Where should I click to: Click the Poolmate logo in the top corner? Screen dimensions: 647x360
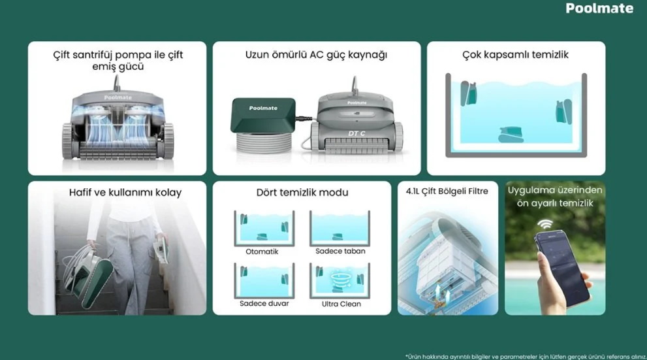point(599,8)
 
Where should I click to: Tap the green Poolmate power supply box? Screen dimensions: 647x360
point(263,115)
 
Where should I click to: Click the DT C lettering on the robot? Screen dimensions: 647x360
point(356,133)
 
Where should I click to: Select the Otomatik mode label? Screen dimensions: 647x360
point(262,252)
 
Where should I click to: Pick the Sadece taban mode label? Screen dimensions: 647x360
point(340,251)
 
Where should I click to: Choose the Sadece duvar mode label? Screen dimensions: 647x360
point(264,303)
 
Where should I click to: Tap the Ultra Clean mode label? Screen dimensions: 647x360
point(341,304)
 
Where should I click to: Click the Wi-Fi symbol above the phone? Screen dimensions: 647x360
point(545,224)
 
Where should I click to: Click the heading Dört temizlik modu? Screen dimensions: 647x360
point(302,192)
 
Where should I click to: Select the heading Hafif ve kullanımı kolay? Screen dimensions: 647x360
point(125,192)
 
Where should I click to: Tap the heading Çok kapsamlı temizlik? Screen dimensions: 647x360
point(515,54)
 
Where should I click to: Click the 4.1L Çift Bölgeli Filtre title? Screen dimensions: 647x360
point(447,191)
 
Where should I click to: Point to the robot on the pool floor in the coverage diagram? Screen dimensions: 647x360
point(511,135)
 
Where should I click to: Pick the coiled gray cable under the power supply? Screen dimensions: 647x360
point(264,143)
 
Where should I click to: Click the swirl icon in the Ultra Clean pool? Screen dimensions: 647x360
point(340,279)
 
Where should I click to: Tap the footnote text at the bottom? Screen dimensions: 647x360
point(526,357)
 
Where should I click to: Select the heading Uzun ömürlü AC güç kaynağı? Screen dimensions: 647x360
point(316,54)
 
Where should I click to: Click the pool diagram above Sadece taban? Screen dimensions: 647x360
point(339,228)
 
